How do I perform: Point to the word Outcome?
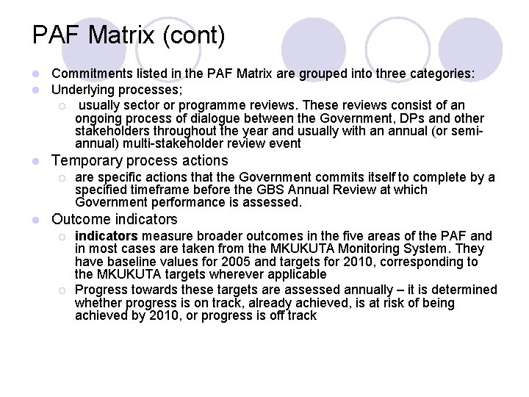[78, 219]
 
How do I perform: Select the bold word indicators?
[107, 236]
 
